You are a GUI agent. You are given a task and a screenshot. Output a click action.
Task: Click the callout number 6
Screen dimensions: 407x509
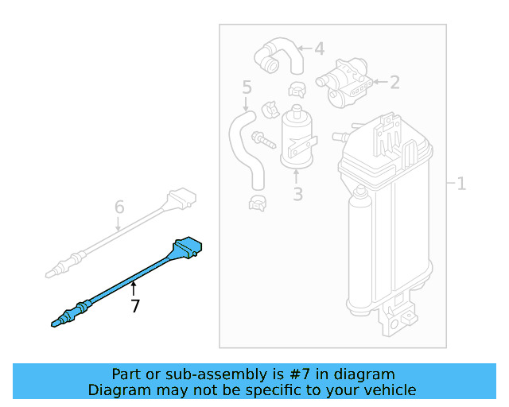(119, 207)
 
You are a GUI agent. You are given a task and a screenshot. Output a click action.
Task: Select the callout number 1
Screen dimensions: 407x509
(461, 184)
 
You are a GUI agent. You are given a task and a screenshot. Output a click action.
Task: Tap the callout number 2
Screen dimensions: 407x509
(394, 80)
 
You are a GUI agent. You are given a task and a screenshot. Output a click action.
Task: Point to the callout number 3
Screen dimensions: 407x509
(297, 193)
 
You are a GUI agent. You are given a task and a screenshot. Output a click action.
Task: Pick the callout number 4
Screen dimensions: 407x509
(319, 49)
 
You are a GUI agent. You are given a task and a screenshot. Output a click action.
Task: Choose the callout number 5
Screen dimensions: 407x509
(247, 87)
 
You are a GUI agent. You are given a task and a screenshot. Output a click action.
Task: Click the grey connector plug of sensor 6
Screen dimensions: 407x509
(181, 197)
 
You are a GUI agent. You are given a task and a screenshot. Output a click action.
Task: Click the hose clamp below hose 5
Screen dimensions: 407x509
(258, 203)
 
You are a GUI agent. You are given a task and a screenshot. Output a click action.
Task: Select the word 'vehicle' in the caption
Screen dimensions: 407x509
(388, 390)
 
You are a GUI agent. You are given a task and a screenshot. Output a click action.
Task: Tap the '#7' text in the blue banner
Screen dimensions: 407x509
(301, 374)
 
